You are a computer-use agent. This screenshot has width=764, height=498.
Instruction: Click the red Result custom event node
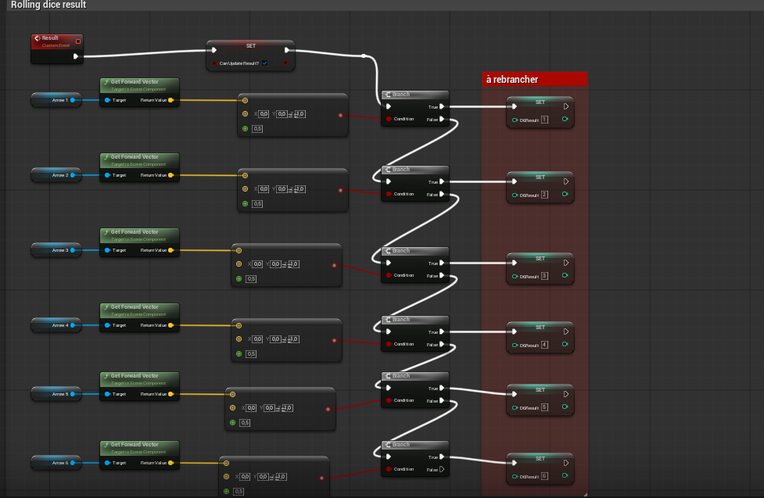click(56, 41)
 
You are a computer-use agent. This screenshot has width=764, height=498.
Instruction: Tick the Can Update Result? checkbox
click(264, 63)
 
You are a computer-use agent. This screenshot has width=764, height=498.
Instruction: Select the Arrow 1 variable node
click(55, 100)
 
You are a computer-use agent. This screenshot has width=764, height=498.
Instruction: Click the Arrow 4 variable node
click(55, 325)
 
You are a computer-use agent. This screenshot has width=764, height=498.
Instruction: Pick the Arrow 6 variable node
click(55, 463)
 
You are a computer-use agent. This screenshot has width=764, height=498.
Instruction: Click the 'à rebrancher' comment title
click(512, 79)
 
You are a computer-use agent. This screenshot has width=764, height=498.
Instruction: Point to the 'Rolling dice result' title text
click(48, 5)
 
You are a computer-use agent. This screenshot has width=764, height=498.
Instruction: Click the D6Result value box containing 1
click(543, 120)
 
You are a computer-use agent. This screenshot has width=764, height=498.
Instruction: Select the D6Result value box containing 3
click(543, 276)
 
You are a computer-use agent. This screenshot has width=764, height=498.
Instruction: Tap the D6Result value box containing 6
click(543, 476)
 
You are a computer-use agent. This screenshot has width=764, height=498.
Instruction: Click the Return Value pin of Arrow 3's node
click(170, 250)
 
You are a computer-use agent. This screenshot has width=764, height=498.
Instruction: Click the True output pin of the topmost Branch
click(442, 106)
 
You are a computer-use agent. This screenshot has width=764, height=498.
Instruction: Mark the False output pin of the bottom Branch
click(442, 469)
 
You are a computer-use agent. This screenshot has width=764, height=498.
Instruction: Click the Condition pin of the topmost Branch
click(388, 119)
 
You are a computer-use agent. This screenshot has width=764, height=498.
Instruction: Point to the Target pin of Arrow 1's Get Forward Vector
click(107, 100)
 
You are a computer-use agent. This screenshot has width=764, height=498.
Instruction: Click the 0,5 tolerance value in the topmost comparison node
click(257, 128)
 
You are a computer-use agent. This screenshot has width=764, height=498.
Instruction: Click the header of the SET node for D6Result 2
click(540, 177)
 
